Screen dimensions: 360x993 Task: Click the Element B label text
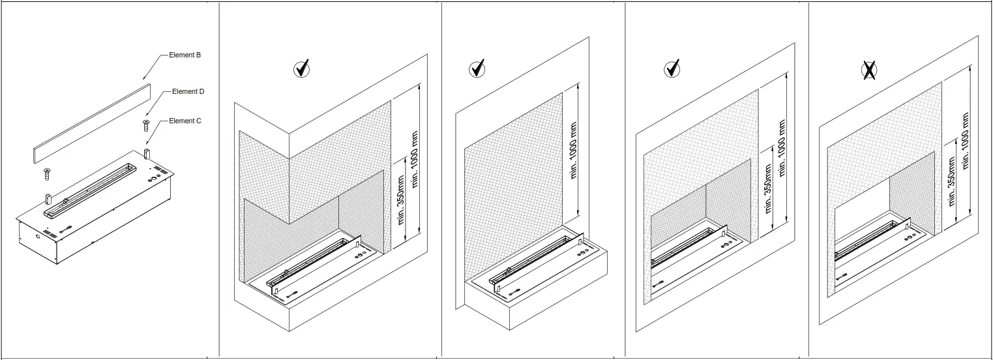(185, 55)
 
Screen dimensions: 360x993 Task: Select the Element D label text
(188, 92)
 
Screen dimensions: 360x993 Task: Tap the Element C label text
(186, 121)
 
